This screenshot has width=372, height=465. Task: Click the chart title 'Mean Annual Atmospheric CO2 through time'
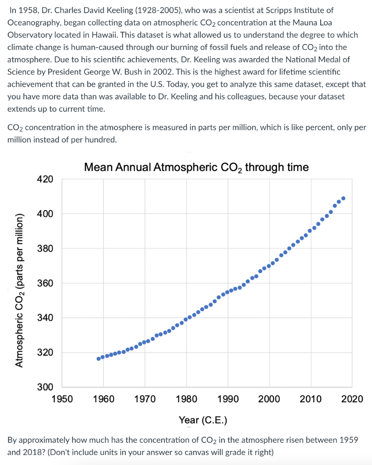point(196,168)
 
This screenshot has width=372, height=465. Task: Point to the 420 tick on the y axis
point(45,179)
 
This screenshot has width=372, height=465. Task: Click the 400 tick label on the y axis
point(45,214)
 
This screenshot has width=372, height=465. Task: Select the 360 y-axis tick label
point(45,283)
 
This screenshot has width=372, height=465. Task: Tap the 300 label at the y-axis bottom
point(45,387)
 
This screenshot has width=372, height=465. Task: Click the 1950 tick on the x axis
point(62,399)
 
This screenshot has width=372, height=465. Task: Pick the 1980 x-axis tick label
point(186,399)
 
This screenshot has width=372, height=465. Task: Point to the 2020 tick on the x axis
point(352,399)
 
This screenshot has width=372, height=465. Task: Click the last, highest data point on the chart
point(343,198)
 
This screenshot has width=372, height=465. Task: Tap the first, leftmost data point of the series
point(99,359)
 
